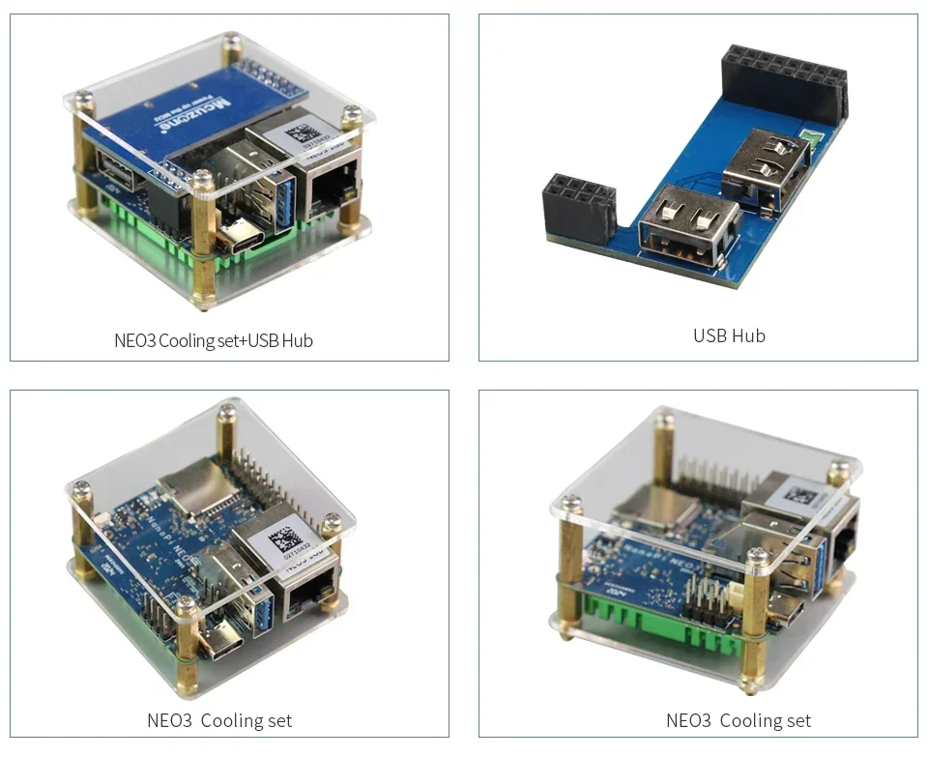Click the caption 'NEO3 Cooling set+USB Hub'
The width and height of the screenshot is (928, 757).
pyautogui.click(x=214, y=340)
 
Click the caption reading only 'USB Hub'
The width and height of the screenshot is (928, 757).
pyautogui.click(x=729, y=335)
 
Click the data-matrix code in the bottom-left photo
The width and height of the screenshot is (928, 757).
pyautogui.click(x=279, y=537)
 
